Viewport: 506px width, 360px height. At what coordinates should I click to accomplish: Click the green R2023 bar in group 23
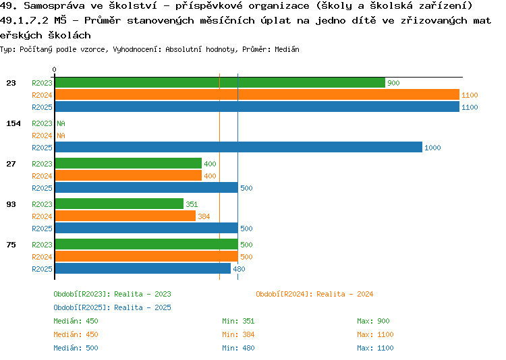[x=219, y=83]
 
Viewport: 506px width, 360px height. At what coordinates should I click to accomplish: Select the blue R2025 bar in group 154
[x=238, y=148]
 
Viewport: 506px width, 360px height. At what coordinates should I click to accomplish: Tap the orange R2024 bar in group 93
[x=125, y=216]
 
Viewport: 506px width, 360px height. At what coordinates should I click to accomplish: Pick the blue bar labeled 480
[x=142, y=269]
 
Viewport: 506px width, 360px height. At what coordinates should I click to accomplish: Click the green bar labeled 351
[x=119, y=204]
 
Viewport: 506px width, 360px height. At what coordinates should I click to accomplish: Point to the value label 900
[x=394, y=83]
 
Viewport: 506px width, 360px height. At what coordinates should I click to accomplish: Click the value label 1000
[x=432, y=148]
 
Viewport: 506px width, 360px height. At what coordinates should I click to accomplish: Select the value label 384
[x=204, y=216]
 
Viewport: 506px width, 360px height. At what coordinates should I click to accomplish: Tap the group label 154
[x=13, y=123]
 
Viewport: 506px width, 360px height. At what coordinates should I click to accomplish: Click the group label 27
[x=11, y=164]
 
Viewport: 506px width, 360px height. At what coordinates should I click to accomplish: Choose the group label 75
[x=11, y=245]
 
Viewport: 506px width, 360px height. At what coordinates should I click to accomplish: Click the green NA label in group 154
[x=61, y=123]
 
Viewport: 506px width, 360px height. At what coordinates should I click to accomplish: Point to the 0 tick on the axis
[x=55, y=70]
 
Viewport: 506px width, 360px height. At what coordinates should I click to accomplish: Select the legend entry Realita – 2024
[x=314, y=294]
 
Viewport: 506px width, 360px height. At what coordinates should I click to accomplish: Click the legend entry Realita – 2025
[x=112, y=307]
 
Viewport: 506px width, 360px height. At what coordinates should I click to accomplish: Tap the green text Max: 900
[x=373, y=321]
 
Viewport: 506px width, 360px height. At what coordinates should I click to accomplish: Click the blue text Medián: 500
[x=76, y=348]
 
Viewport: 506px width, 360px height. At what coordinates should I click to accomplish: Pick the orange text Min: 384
[x=238, y=334]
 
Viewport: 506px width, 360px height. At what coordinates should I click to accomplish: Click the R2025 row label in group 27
[x=42, y=188]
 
